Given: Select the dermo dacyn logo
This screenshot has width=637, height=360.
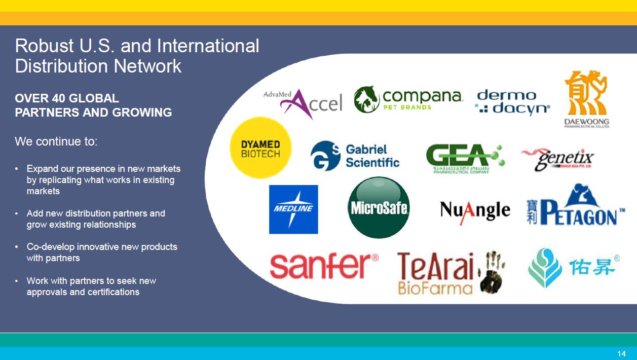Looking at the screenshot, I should click(512, 102).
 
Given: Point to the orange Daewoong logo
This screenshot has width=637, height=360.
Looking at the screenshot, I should click(586, 99).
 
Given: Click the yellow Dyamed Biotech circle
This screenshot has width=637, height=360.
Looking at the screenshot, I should click(260, 148).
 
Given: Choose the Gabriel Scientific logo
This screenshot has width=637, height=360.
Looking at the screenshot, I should click(355, 156).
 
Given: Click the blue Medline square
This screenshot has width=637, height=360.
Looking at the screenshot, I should click(293, 209).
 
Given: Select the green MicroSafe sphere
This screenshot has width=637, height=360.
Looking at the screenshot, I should click(379, 207).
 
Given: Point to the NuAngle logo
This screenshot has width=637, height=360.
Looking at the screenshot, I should click(475, 210).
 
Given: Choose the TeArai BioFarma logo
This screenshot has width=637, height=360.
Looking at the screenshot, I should click(436, 272).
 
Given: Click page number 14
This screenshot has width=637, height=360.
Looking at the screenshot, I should click(621, 353).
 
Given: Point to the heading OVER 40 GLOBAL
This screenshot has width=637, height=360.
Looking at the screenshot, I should click(67, 98).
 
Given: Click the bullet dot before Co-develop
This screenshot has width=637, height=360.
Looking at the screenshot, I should click(17, 247).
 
